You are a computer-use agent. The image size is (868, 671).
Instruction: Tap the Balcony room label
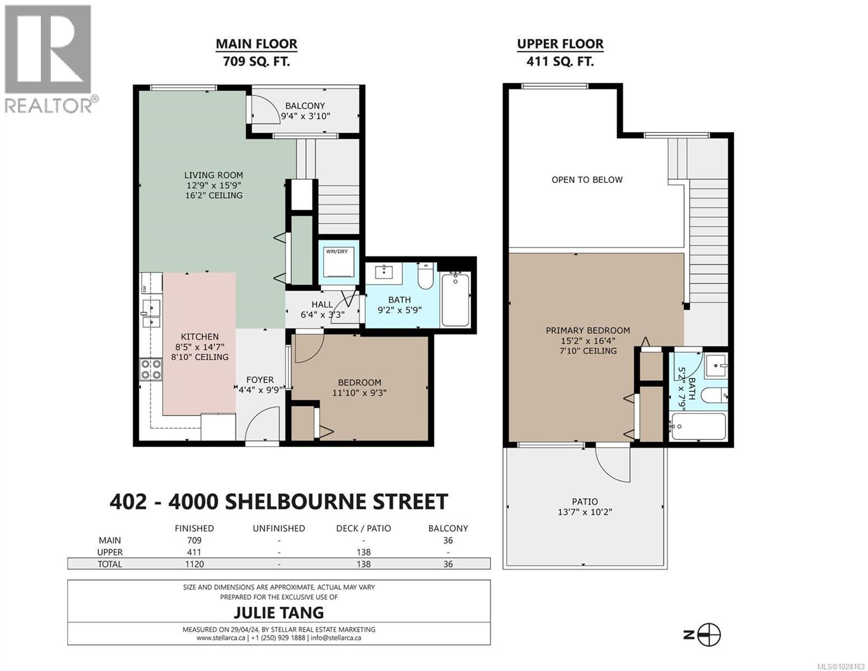tap(305, 106)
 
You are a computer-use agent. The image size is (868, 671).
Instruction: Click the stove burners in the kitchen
tap(150, 370)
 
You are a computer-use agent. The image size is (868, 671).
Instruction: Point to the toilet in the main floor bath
tap(426, 277)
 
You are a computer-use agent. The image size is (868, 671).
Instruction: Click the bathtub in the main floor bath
tap(456, 299)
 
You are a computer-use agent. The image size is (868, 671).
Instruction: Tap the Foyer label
tap(260, 380)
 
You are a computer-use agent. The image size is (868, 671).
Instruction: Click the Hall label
tap(322, 304)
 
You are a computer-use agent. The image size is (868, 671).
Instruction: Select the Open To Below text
tap(587, 179)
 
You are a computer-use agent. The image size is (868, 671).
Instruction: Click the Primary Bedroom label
tap(588, 330)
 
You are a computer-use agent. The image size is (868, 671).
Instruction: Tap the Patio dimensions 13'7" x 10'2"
tap(584, 512)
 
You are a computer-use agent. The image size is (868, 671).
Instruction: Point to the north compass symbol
tap(709, 635)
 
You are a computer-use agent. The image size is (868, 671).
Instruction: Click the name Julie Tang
tap(279, 612)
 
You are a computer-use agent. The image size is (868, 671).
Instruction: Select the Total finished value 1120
tap(194, 564)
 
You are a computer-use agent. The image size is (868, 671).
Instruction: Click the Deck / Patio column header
tap(364, 528)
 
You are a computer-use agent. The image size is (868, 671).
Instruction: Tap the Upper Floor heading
tap(560, 44)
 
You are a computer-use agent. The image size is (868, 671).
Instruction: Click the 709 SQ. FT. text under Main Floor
tap(256, 62)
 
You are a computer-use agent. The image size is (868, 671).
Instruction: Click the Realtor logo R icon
tap(48, 49)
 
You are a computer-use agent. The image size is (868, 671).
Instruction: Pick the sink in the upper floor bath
tap(715, 366)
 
